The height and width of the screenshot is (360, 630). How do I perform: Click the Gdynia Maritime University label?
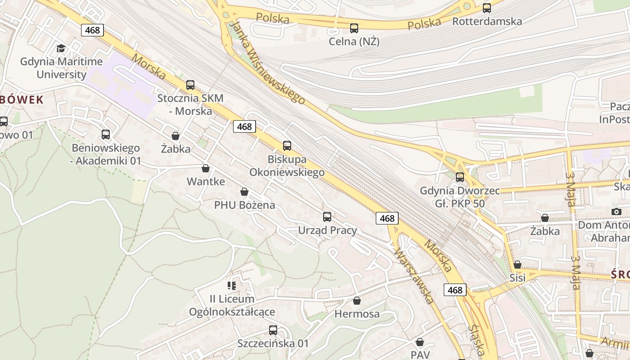pyautogui.click(x=61, y=68)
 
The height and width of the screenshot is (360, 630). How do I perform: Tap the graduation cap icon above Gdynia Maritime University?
pyautogui.click(x=61, y=49)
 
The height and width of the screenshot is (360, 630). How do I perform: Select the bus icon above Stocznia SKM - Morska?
pyautogui.click(x=190, y=85)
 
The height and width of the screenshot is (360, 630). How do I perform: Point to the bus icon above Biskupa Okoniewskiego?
pyautogui.click(x=287, y=146)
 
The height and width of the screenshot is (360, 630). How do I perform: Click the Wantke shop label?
pyautogui.click(x=206, y=182)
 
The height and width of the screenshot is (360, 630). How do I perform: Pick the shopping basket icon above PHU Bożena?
pyautogui.click(x=244, y=192)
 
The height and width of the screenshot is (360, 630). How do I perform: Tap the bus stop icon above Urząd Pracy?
pyautogui.click(x=327, y=217)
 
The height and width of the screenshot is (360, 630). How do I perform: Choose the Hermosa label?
pyautogui.click(x=357, y=314)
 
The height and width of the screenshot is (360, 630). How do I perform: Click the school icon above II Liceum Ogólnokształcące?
pyautogui.click(x=232, y=285)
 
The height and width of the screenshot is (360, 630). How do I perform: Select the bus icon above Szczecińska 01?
pyautogui.click(x=273, y=330)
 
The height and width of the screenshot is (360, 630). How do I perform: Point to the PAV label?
pyautogui.click(x=420, y=355)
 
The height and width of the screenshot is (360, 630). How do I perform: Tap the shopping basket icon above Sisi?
pyautogui.click(x=517, y=265)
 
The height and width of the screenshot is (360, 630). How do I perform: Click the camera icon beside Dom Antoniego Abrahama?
pyautogui.click(x=616, y=211)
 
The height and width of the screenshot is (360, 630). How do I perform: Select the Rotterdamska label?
pyautogui.click(x=487, y=21)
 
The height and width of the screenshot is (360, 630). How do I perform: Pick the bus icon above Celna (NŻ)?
pyautogui.click(x=354, y=28)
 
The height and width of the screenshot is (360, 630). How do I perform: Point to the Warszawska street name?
pyautogui.click(x=413, y=275)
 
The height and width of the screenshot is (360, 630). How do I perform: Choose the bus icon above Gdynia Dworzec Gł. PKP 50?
pyautogui.click(x=460, y=177)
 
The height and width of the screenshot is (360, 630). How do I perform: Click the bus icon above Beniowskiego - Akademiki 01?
pyautogui.click(x=106, y=135)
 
